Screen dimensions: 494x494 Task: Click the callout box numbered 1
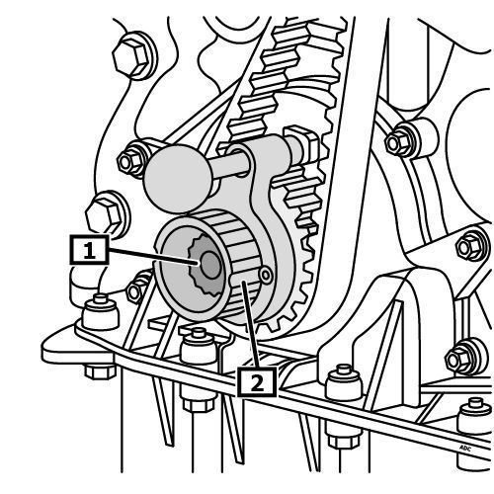tap(89, 250)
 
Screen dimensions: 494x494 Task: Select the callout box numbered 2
tap(257, 382)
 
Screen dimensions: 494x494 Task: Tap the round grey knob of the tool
tap(178, 179)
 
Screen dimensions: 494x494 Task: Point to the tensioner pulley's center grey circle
tap(210, 265)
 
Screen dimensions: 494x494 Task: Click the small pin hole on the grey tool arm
tap(265, 275)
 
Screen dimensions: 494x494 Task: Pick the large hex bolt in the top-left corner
tap(131, 57)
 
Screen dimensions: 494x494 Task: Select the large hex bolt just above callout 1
tap(106, 215)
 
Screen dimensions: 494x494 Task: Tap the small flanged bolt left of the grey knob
tap(131, 161)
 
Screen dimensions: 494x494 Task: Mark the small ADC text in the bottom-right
tap(465, 448)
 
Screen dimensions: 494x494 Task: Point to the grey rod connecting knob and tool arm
tap(230, 166)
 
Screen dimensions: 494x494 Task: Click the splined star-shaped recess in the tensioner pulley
tap(205, 264)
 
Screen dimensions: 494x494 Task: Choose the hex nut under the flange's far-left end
tap(100, 371)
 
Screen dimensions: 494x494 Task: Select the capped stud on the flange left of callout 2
tap(199, 345)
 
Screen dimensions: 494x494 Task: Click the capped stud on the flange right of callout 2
tap(344, 382)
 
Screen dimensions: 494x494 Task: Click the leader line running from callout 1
tap(153, 257)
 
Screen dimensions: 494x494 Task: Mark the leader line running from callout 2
tap(250, 324)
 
